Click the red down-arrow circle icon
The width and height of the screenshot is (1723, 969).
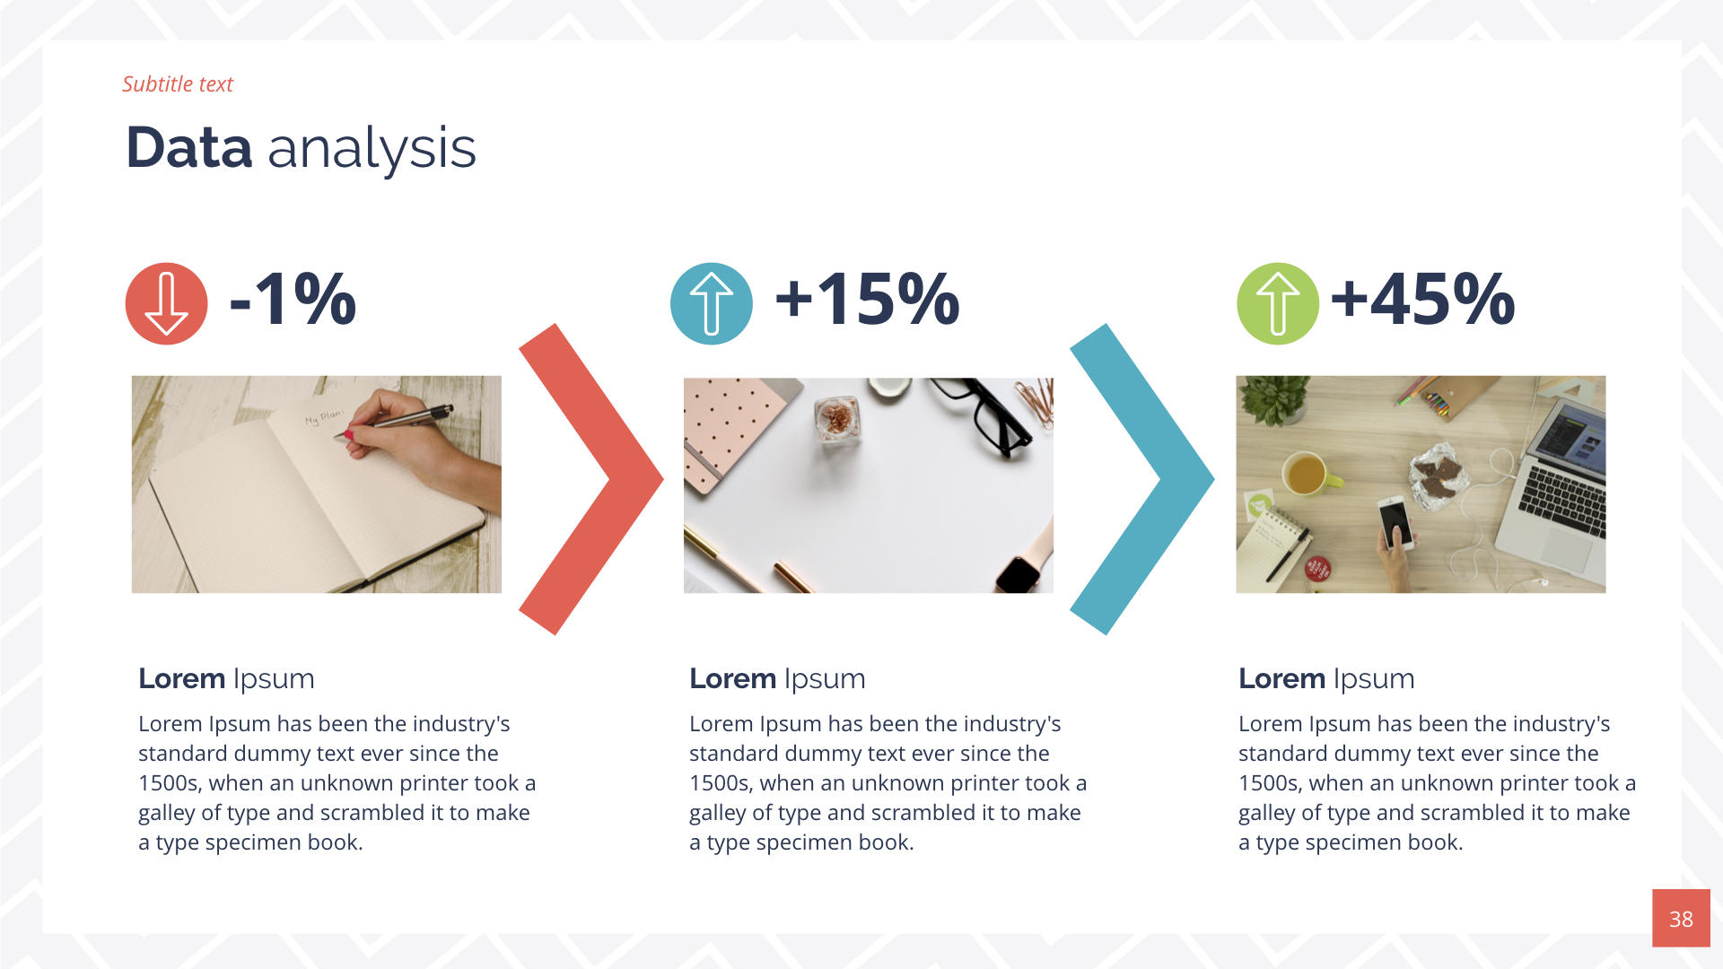pos(166,303)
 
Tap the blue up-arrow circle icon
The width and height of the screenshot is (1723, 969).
pos(711,303)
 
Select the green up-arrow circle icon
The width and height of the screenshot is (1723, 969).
pos(1277,303)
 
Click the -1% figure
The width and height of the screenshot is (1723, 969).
pos(293,299)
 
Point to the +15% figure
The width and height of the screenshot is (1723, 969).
pos(867,299)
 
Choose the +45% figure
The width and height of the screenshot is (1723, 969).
pos(1422,299)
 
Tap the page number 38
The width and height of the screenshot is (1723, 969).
pos(1680,918)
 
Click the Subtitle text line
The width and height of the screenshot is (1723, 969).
pos(178,84)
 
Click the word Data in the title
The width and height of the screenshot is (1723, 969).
pos(189,148)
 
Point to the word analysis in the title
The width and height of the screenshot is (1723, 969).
pos(372,149)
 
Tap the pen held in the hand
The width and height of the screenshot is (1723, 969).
pos(404,421)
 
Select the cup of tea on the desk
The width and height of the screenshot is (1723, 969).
pos(1306,473)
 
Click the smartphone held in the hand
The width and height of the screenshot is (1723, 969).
pos(1395,521)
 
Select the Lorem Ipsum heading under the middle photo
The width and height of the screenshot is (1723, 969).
pos(777,679)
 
